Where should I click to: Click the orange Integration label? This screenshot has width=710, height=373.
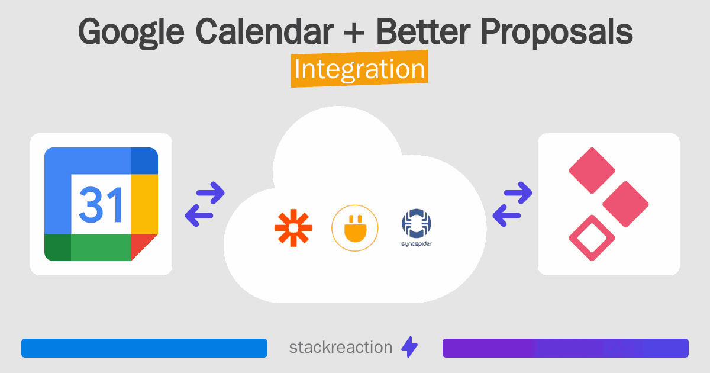359,69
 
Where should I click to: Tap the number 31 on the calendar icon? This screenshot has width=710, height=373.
101,204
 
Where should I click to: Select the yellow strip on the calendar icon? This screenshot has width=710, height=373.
144,204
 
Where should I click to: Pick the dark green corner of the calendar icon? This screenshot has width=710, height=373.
57,247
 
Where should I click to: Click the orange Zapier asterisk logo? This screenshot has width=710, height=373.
293,228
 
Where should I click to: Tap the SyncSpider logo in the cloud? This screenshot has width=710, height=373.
416,228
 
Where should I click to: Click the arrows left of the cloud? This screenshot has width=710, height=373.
205,204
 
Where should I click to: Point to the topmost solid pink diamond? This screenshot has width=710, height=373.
592,171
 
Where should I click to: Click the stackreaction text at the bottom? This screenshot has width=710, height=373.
340,348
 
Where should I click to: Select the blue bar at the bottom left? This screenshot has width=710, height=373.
144,348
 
